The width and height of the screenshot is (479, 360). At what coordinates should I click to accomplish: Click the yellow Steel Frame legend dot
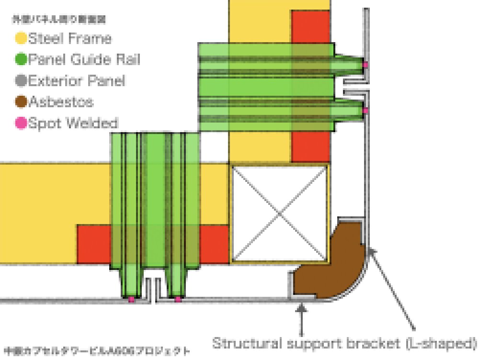[x=22, y=38]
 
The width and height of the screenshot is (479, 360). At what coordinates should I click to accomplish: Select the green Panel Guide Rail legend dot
[x=22, y=59]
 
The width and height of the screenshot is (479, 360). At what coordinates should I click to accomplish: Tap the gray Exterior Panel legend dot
[x=22, y=81]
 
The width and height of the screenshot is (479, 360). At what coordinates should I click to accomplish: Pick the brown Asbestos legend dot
[x=22, y=102]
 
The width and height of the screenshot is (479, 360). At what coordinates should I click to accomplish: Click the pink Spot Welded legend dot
[x=22, y=123]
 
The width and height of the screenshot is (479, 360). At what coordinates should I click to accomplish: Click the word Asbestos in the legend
[x=61, y=102]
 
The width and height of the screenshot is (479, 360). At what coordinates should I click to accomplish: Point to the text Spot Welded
[x=73, y=123]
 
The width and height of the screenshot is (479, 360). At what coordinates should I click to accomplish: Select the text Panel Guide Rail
[x=84, y=59]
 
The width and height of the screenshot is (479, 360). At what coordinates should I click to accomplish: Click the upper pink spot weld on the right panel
[x=365, y=64]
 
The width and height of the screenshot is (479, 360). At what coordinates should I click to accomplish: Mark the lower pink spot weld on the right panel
[x=365, y=111]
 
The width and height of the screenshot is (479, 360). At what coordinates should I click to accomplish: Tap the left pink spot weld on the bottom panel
[x=131, y=299]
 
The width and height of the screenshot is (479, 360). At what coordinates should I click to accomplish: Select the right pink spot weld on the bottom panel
[x=178, y=299]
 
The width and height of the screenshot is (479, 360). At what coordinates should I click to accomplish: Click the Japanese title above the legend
[x=59, y=20]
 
